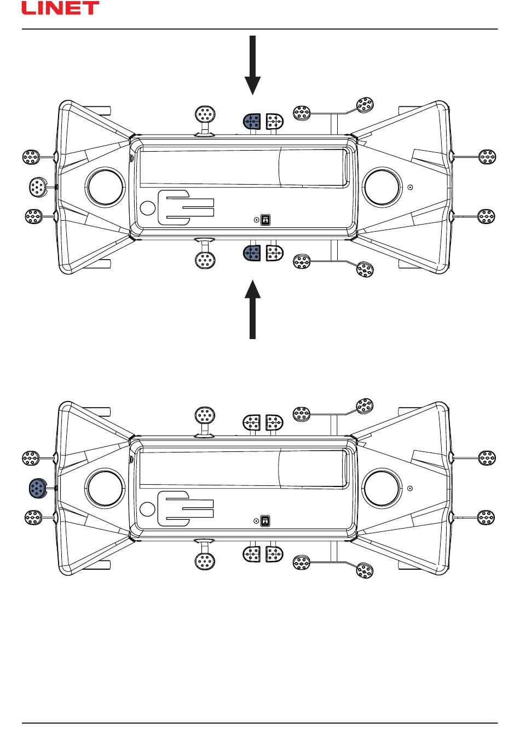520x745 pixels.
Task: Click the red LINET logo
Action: [60, 8]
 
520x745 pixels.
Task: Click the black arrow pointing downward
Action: [252, 66]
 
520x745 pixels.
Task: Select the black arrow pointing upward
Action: [252, 310]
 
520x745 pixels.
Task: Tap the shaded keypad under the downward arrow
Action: [251, 122]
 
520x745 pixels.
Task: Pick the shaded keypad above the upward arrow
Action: [251, 253]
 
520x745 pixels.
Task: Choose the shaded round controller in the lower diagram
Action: [38, 488]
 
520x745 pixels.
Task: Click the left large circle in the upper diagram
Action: [106, 187]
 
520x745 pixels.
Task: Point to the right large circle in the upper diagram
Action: [382, 187]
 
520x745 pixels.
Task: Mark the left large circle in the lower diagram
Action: [106, 488]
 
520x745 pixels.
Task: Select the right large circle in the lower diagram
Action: [382, 488]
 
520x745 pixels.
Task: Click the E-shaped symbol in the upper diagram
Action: [184, 208]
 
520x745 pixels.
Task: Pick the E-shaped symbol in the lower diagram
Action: [184, 508]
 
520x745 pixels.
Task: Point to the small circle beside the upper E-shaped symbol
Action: [147, 208]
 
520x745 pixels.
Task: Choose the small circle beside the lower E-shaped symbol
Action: [147, 509]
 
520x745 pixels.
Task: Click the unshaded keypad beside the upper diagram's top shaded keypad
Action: [274, 122]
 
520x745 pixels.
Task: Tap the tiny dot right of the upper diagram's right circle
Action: [410, 187]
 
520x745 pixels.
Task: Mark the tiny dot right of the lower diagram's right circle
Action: [410, 488]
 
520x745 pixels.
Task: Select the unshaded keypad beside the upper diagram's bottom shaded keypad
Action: [274, 253]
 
